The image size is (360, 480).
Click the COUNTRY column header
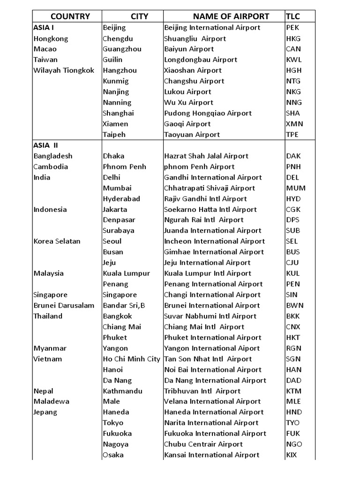(x=70, y=16)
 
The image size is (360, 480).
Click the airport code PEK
(x=293, y=28)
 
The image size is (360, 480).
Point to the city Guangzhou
(x=122, y=49)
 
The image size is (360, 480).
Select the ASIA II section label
(x=46, y=145)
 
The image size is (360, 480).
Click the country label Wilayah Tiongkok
(x=64, y=70)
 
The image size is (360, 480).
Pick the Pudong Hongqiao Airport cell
(x=208, y=113)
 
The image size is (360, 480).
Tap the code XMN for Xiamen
(x=294, y=124)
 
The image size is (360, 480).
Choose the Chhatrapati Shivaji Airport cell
(x=210, y=188)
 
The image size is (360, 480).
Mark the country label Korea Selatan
(x=57, y=241)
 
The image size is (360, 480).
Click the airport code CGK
(x=293, y=210)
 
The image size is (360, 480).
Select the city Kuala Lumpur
(x=126, y=273)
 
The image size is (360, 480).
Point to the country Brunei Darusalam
(x=64, y=306)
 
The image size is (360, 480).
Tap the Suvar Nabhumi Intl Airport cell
(x=210, y=316)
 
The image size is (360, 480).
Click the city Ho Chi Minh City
(x=131, y=359)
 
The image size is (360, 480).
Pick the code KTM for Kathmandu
(x=294, y=391)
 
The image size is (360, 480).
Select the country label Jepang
(x=45, y=412)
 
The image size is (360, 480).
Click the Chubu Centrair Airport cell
(x=203, y=444)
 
